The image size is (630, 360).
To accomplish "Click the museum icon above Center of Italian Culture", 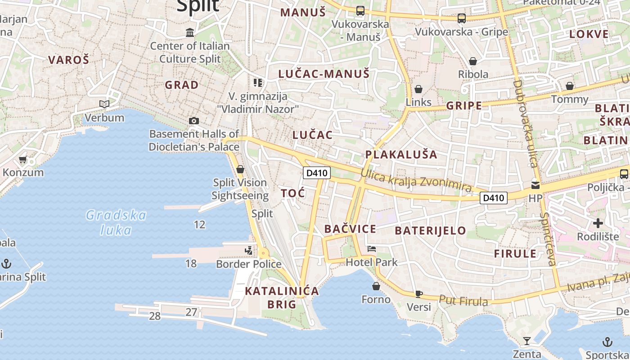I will click(190, 32).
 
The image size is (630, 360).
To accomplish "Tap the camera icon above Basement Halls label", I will click(194, 121).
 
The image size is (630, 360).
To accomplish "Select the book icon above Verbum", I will click(104, 104).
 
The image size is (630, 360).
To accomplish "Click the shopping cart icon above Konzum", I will click(23, 159).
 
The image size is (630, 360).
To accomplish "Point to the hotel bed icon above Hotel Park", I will click(372, 248).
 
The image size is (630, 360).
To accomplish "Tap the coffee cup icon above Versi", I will click(418, 294).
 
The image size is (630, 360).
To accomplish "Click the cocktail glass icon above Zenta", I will click(527, 341).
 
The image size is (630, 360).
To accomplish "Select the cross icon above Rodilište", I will click(598, 223).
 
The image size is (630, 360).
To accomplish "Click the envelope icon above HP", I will click(535, 184).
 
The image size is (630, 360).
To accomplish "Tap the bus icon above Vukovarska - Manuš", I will click(360, 10).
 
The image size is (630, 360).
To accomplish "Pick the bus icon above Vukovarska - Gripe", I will click(461, 18).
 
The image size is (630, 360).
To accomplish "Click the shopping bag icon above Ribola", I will click(473, 61).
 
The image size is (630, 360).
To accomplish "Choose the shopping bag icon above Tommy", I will click(570, 85).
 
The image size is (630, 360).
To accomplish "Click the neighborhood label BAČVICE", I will click(350, 229).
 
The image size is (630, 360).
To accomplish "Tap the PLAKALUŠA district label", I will click(401, 154).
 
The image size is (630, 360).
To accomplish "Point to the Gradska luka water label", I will click(116, 223).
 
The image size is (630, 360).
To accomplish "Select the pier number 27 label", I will click(191, 312).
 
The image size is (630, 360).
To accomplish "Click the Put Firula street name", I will click(463, 300).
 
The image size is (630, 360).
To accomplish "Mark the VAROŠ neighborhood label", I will click(69, 59).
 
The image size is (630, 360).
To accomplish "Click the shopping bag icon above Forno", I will click(376, 286).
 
